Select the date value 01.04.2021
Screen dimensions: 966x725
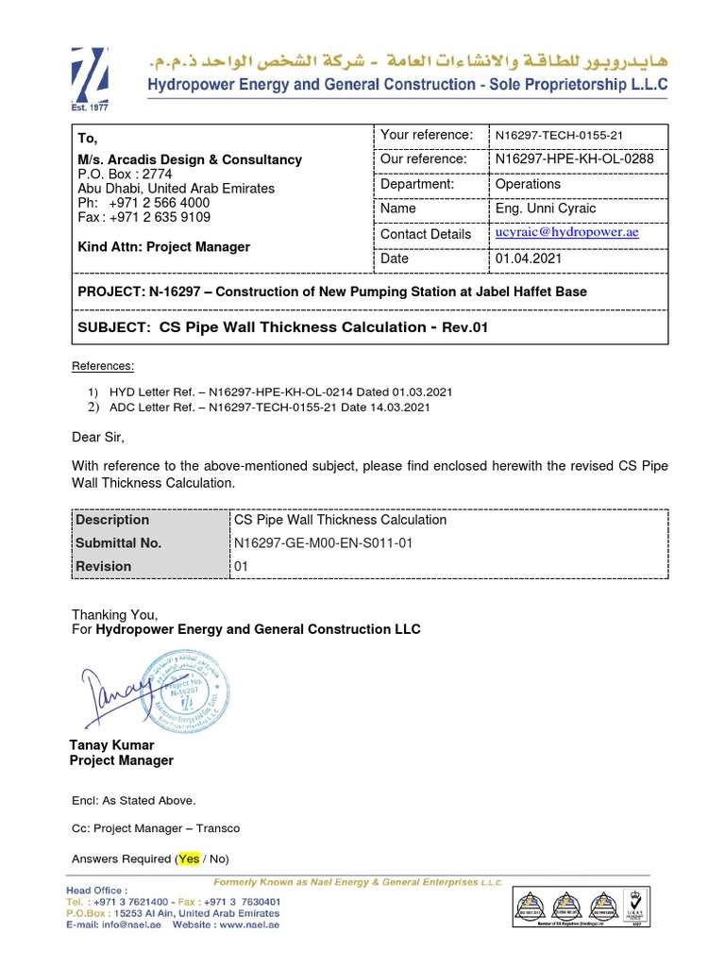coord(528,258)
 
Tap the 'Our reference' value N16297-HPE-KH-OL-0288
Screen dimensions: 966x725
coord(574,158)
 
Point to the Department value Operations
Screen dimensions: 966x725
coord(528,184)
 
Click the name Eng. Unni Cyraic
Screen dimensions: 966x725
coord(546,208)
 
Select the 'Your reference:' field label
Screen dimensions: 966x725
coord(426,135)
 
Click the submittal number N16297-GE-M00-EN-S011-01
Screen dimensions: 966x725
coord(323,543)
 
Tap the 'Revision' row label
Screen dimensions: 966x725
coord(103,566)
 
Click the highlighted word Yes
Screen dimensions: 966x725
coord(190,858)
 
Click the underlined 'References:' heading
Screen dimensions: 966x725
coord(103,366)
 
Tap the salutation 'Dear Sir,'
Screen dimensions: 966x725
coord(98,438)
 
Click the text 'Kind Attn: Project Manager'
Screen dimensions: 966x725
coord(163,247)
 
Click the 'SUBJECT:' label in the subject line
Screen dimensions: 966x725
coord(114,327)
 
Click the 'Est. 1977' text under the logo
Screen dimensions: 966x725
coord(90,107)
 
